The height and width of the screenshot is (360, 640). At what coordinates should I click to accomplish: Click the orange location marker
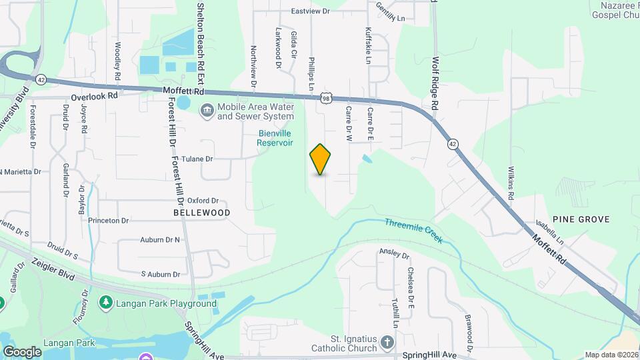pyautogui.click(x=320, y=159)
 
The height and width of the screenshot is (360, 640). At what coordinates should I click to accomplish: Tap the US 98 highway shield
pyautogui.click(x=325, y=98)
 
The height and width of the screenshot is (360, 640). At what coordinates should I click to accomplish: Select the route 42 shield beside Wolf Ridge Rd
pyautogui.click(x=453, y=144)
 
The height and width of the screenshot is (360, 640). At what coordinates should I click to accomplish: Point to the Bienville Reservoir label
pyautogui.click(x=275, y=137)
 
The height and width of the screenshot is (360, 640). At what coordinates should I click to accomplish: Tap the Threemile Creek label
pyautogui.click(x=413, y=228)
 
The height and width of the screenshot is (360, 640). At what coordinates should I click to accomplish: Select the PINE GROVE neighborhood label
pyautogui.click(x=587, y=219)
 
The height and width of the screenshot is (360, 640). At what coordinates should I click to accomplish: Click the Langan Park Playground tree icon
pyautogui.click(x=105, y=303)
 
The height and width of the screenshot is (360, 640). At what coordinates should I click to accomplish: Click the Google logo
pyautogui.click(x=22, y=351)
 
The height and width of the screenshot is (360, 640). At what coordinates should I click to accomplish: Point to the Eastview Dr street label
pyautogui.click(x=311, y=11)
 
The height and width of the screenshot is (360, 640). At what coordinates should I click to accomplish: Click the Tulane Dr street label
pyautogui.click(x=199, y=159)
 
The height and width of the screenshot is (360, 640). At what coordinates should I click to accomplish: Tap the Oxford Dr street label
pyautogui.click(x=203, y=200)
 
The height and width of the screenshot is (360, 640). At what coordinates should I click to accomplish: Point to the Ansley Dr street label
pyautogui.click(x=394, y=253)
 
